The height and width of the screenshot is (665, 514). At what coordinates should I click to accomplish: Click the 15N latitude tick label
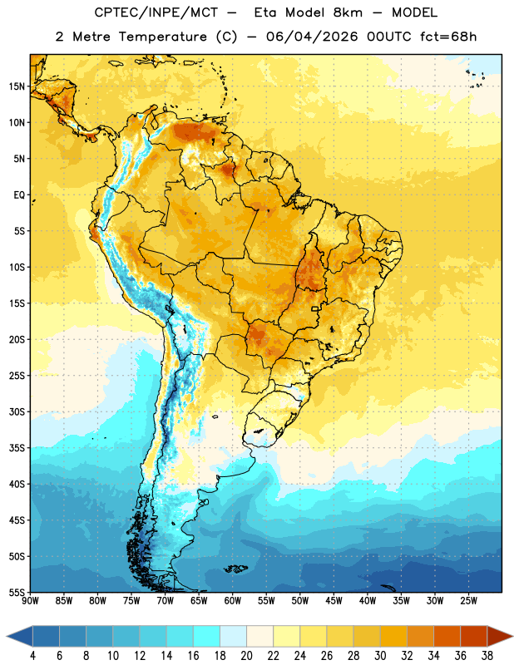coord(17,86)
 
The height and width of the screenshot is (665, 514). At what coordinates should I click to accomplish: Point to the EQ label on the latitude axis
coord(19,195)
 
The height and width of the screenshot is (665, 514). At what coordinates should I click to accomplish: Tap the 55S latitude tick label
coord(17,592)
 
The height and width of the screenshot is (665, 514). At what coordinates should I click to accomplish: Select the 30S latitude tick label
coord(17,411)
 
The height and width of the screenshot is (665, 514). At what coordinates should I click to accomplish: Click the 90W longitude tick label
coord(30,601)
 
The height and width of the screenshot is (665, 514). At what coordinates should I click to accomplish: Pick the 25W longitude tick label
coord(468,601)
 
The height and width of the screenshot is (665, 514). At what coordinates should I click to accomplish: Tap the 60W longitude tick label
coord(233,601)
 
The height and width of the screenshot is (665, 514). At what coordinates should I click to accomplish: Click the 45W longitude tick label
coord(334,601)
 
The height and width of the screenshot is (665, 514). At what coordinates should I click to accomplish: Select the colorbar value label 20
coord(246,656)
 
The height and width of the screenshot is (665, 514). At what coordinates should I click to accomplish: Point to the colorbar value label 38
coord(487,656)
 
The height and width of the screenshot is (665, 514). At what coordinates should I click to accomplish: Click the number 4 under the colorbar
coord(32,656)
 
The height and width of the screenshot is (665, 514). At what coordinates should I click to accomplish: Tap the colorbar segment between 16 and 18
coord(206,636)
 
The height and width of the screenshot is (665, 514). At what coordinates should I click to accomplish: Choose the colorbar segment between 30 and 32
coord(393,636)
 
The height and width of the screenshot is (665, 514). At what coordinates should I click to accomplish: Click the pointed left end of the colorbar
coord(7,636)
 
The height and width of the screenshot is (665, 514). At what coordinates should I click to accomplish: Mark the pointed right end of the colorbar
coord(512,636)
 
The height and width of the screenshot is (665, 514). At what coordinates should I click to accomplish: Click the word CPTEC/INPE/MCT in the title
coord(156,12)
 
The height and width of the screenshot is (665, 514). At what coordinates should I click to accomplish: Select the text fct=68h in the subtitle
coord(448,37)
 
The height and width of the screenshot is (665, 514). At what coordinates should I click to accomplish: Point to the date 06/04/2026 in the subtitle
coord(312,37)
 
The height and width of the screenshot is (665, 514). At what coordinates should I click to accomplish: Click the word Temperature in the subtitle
coord(162,37)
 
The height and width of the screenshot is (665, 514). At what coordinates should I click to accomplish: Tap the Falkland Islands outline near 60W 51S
coord(236,569)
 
